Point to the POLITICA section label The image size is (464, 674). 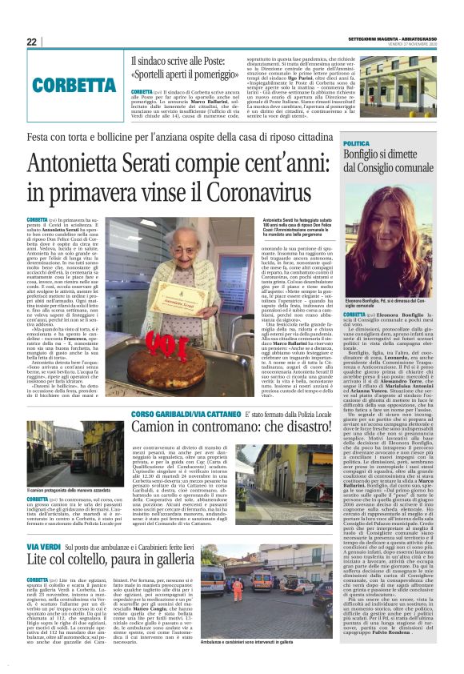click(x=357, y=143)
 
